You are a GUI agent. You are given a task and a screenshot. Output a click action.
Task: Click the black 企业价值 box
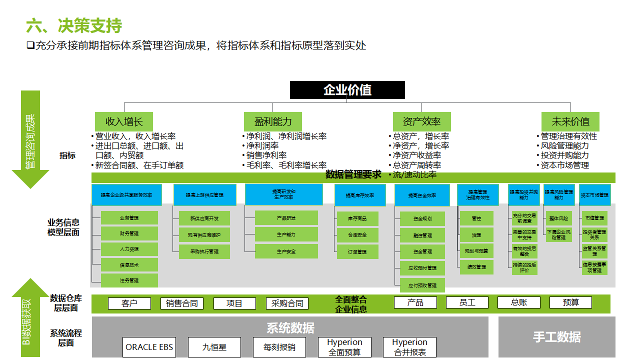(347, 90)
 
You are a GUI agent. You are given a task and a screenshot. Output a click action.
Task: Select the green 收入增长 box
(124, 121)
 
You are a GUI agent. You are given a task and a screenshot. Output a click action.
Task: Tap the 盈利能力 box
(273, 121)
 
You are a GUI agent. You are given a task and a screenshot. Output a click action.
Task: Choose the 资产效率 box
(421, 121)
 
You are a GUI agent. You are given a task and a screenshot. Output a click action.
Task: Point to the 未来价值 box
(570, 121)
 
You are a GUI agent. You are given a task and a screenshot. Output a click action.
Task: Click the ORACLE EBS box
(149, 347)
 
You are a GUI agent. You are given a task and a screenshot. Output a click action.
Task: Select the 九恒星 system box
(214, 347)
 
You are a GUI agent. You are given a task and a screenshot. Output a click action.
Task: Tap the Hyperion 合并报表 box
(409, 347)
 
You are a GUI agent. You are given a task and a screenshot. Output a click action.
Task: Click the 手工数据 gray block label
(556, 337)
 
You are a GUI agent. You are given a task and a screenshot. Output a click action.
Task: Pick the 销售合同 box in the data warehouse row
(182, 303)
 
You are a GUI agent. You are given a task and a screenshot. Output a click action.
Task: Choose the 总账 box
(518, 302)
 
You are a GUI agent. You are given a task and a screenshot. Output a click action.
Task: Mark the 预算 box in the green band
(570, 302)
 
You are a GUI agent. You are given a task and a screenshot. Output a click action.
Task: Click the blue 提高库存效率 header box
(360, 195)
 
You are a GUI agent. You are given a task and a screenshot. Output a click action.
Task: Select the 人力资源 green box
(129, 249)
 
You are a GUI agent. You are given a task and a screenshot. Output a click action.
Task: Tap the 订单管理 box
(357, 251)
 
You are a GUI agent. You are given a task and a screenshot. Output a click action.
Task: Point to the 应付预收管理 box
(422, 285)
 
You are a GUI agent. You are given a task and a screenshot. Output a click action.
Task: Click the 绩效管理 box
(476, 267)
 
